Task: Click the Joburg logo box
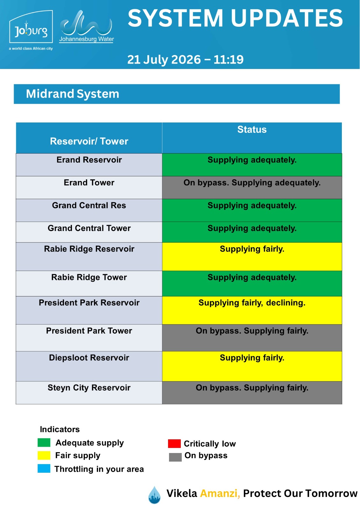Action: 31,27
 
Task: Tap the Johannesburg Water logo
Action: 86,27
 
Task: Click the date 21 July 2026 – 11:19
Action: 185,59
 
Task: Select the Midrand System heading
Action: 73,94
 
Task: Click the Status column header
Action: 252,129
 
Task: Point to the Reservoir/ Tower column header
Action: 89,141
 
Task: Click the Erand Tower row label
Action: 89,183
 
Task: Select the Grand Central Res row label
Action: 89,206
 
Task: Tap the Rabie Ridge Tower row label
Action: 89,277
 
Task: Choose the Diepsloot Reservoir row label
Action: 89,358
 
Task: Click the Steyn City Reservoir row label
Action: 89,388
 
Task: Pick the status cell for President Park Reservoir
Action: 252,310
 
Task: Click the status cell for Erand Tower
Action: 252,187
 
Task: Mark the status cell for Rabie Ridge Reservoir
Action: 252,256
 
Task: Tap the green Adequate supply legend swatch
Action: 44,443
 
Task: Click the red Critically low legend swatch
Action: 174,443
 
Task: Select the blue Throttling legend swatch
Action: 44,469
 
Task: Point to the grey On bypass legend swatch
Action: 175,457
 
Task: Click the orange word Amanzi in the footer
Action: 220,493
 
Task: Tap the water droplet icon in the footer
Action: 154,495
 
